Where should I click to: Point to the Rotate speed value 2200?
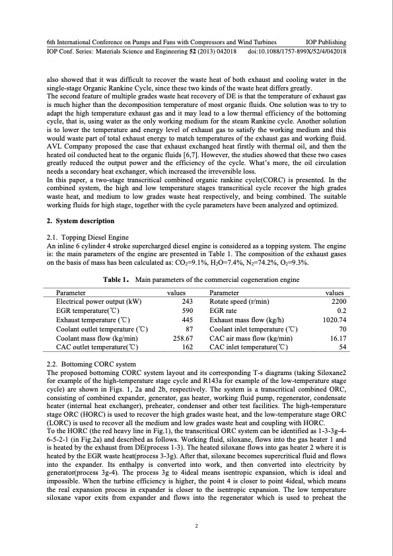[339, 300]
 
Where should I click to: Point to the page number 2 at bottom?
[196, 526]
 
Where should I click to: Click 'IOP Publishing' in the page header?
[323, 41]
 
